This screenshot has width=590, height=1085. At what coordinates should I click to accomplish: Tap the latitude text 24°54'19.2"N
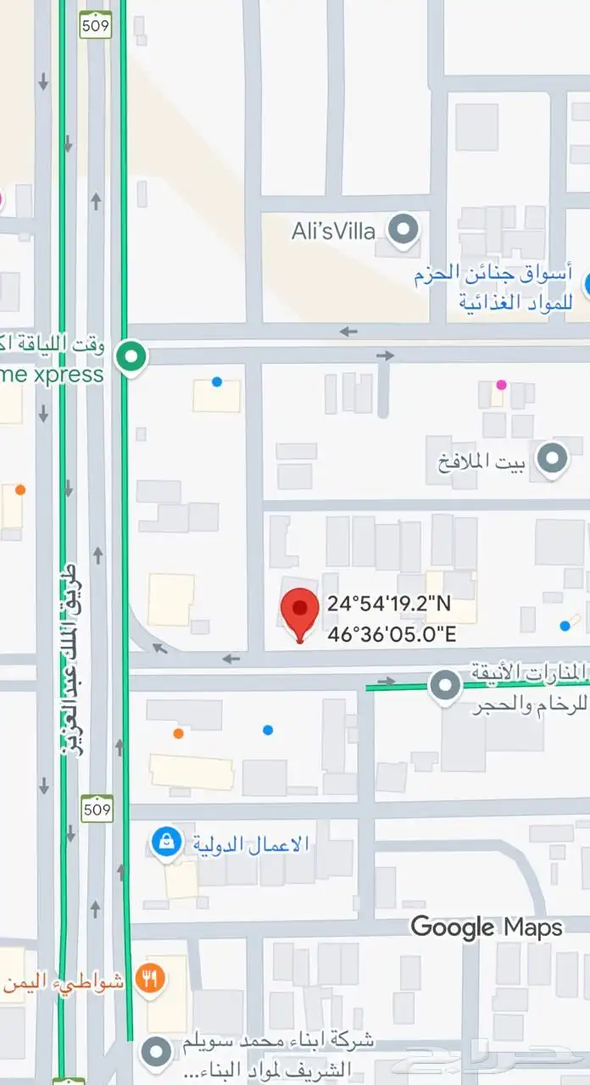(x=390, y=604)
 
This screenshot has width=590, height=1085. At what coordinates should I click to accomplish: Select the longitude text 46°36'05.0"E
(x=390, y=632)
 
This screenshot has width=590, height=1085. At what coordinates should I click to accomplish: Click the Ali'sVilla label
(x=333, y=231)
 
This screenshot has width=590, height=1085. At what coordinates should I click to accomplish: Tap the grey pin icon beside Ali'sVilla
(x=404, y=230)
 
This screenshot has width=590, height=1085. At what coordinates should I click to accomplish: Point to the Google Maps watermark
(x=487, y=926)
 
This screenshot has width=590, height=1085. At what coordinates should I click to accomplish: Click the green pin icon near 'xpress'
(x=131, y=355)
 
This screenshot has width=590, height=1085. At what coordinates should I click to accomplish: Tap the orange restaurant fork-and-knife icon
(x=151, y=980)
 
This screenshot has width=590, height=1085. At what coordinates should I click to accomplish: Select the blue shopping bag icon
(x=166, y=843)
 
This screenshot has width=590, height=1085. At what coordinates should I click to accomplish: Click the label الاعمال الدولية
(x=251, y=844)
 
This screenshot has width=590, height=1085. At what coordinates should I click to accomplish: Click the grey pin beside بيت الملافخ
(x=554, y=459)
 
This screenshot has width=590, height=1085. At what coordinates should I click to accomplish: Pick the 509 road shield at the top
(x=95, y=26)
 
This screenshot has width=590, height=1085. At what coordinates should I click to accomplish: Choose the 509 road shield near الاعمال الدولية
(x=97, y=810)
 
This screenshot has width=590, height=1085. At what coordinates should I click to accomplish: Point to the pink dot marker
(x=501, y=385)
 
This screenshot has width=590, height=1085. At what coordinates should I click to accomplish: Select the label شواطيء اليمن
(x=64, y=983)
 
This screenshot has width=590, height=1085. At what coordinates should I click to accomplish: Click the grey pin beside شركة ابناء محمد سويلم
(x=155, y=1053)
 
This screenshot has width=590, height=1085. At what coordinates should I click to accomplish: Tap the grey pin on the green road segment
(x=444, y=686)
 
